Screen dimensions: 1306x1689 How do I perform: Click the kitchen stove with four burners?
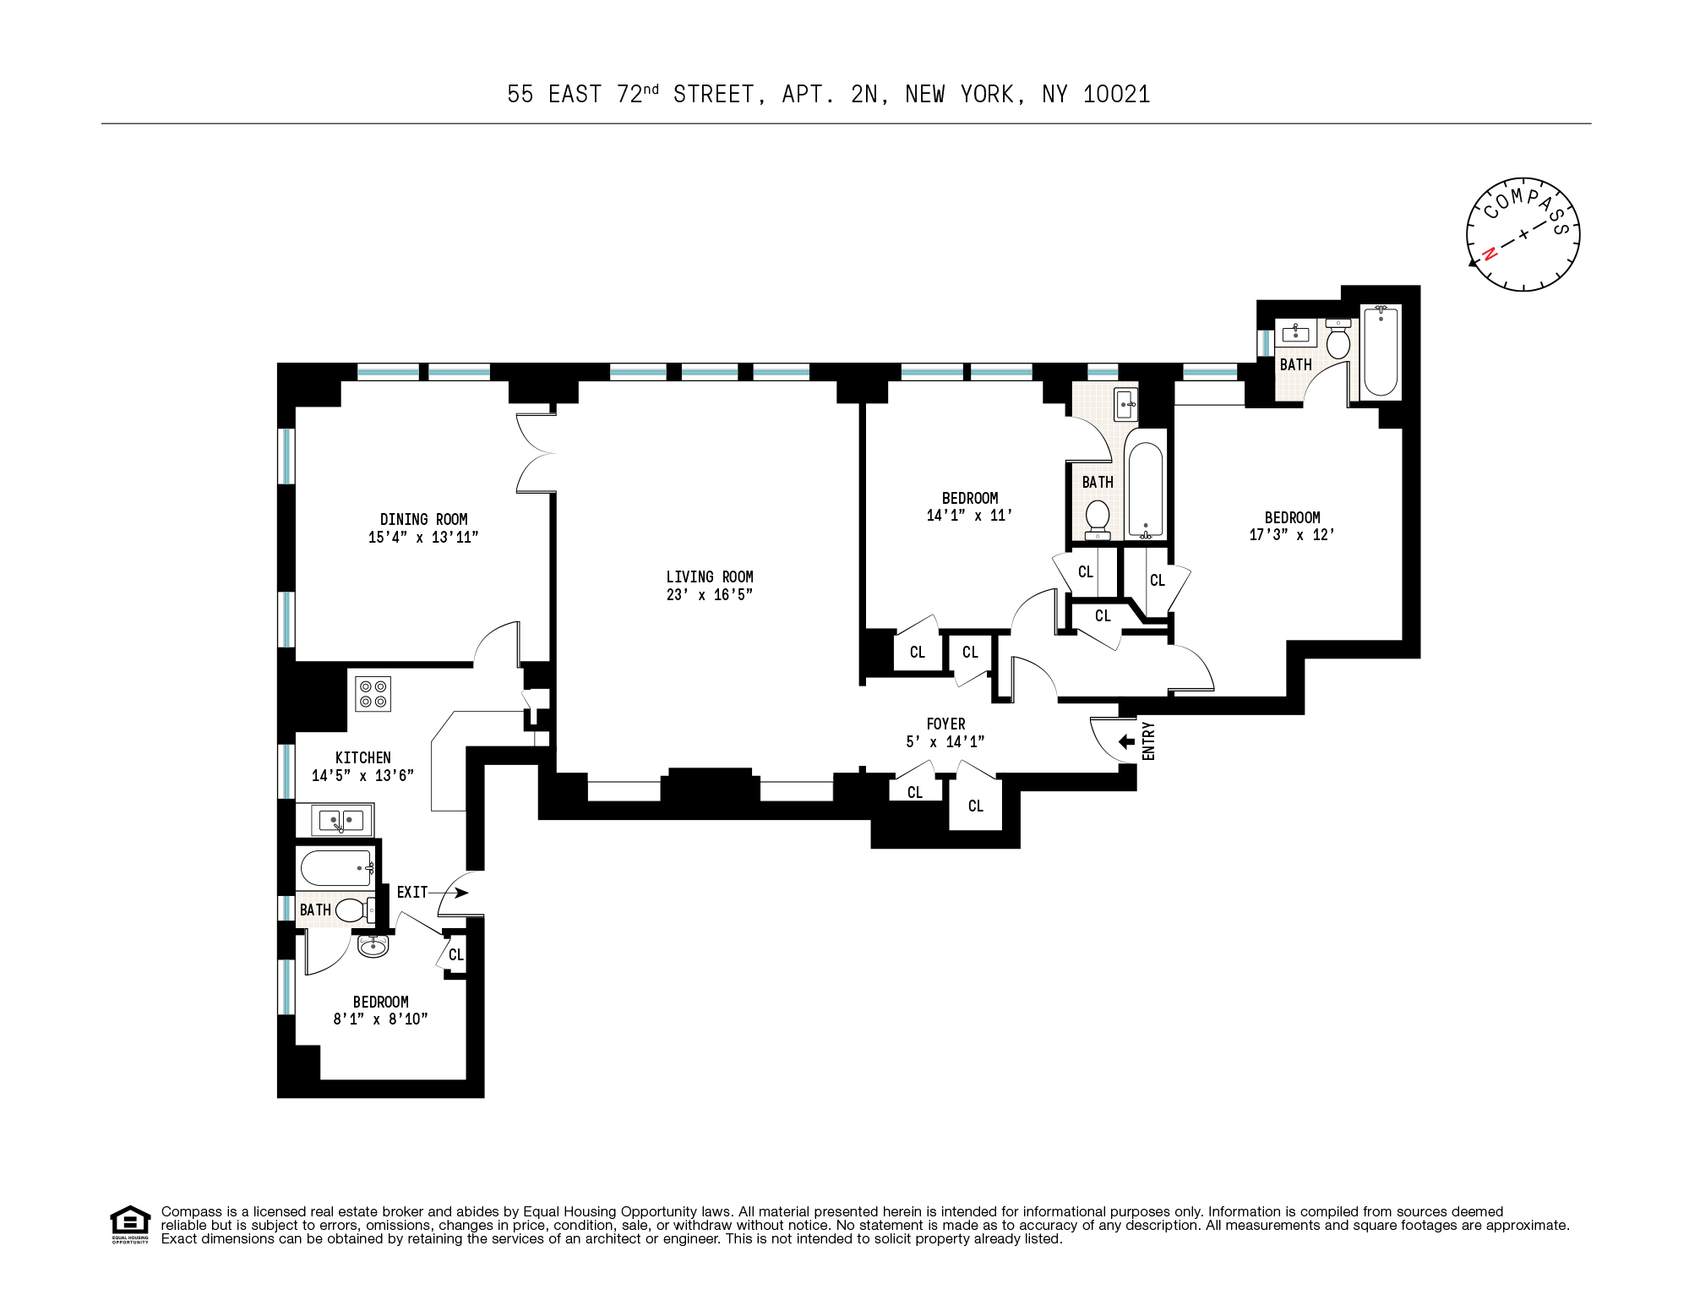click(373, 694)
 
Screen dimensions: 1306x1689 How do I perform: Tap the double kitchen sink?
click(341, 819)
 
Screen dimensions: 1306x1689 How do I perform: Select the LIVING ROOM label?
click(709, 576)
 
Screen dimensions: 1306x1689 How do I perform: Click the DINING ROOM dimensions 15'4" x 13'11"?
click(422, 537)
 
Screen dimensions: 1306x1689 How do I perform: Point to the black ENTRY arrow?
click(1126, 741)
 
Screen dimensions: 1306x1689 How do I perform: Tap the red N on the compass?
click(1490, 253)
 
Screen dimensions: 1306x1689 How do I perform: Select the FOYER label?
click(945, 724)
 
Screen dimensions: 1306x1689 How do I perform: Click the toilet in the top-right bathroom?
click(1338, 341)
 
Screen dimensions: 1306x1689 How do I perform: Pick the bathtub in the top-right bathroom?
click(1381, 352)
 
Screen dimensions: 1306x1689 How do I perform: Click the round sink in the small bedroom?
click(373, 946)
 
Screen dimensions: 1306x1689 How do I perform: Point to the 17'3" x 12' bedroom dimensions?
click(1292, 534)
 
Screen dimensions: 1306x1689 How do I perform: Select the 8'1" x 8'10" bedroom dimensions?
click(380, 1019)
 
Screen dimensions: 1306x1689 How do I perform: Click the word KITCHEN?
click(362, 757)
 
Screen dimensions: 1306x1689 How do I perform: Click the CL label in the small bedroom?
click(455, 954)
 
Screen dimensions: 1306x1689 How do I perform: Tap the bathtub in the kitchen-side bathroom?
click(336, 868)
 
